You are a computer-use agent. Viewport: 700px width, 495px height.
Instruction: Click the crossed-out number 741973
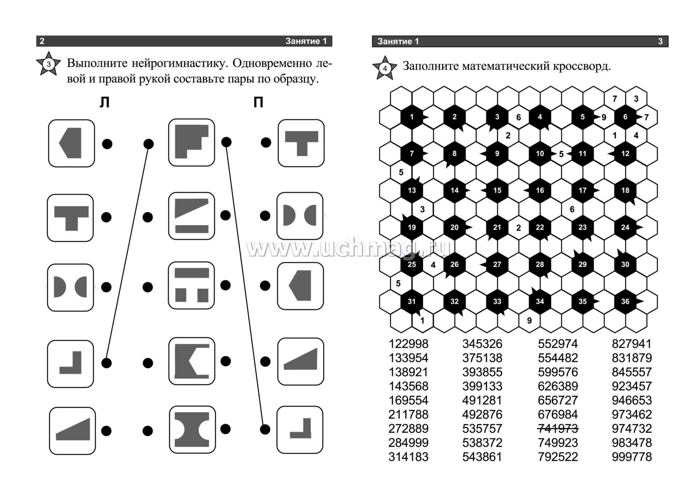tap(558, 429)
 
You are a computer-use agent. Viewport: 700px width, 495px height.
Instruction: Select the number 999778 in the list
tap(632, 457)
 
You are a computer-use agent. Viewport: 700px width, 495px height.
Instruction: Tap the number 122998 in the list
tap(408, 344)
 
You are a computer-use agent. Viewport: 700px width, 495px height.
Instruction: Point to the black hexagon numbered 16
tap(540, 190)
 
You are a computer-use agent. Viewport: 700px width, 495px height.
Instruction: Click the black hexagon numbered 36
tap(625, 301)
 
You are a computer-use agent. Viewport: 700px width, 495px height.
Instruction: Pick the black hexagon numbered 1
tap(412, 117)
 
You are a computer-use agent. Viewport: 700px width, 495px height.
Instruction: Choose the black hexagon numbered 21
tap(497, 227)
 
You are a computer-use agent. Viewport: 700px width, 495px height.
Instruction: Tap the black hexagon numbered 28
tap(540, 264)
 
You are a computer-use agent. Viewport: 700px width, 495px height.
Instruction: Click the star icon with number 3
tap(48, 65)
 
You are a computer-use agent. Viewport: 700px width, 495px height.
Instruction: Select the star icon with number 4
tap(385, 68)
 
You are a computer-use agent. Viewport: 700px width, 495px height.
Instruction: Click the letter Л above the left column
tap(105, 103)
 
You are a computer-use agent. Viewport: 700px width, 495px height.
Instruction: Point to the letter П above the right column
tap(258, 103)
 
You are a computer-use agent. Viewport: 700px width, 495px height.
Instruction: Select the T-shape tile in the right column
tap(301, 143)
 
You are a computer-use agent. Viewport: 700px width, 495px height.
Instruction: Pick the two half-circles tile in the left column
tap(70, 287)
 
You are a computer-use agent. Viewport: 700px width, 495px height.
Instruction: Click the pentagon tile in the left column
tap(71, 143)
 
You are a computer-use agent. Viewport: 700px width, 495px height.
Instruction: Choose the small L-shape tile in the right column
tap(300, 429)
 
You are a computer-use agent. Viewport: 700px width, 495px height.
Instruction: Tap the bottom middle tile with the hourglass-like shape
tap(192, 429)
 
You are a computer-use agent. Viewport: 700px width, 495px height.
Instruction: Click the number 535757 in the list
tap(482, 429)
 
